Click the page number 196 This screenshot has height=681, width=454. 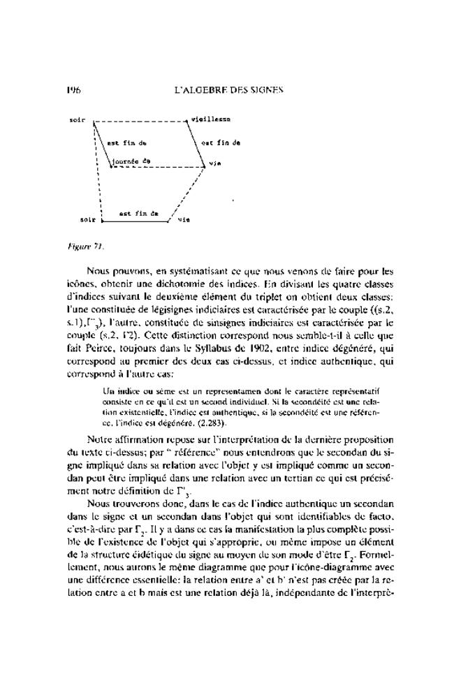[74, 90]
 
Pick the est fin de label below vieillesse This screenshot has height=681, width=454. [221, 143]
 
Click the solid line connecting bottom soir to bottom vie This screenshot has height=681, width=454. [136, 221]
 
